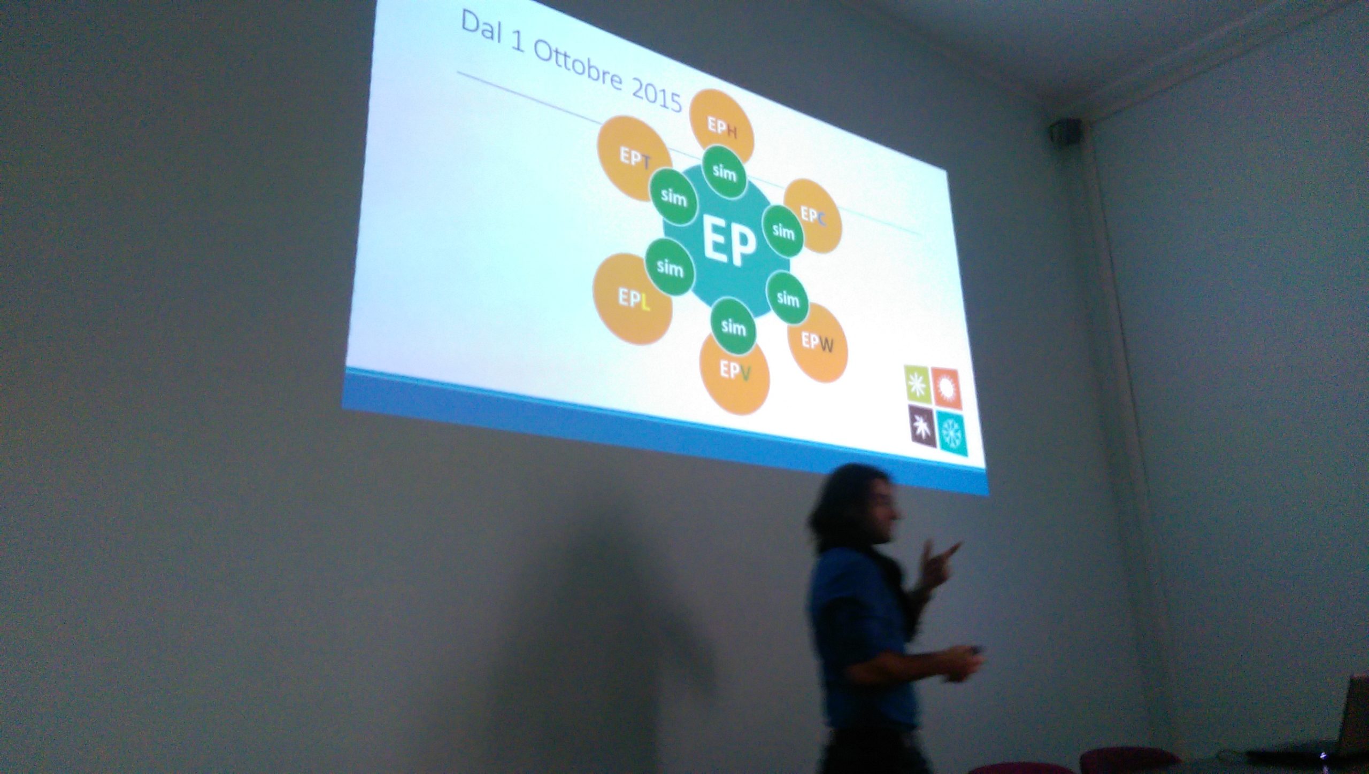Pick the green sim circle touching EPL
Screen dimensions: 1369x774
670,267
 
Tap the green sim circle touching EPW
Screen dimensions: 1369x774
787,297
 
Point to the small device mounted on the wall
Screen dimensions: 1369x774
1065,130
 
